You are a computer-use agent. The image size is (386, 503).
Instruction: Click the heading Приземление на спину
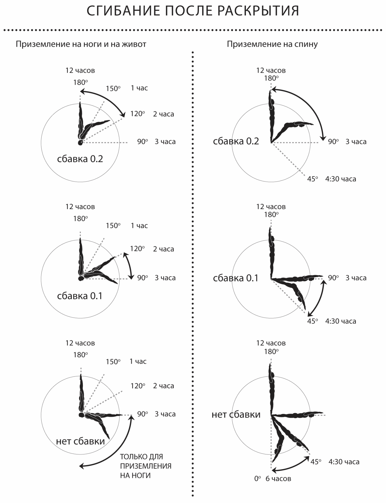(272, 44)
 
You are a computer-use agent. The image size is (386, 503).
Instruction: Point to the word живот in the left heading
(135, 44)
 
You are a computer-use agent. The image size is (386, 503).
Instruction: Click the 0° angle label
(258, 478)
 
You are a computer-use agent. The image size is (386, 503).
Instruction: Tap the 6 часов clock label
(278, 479)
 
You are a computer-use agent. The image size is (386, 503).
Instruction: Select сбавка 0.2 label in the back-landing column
(236, 141)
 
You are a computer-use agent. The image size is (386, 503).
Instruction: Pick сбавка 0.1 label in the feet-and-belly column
(80, 296)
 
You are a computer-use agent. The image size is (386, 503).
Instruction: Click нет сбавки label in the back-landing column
(236, 414)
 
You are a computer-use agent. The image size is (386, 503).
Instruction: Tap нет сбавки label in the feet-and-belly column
(80, 441)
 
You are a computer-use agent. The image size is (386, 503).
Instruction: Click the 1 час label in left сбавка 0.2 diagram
(139, 88)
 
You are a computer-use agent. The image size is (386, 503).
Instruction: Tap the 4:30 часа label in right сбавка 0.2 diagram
(341, 179)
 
